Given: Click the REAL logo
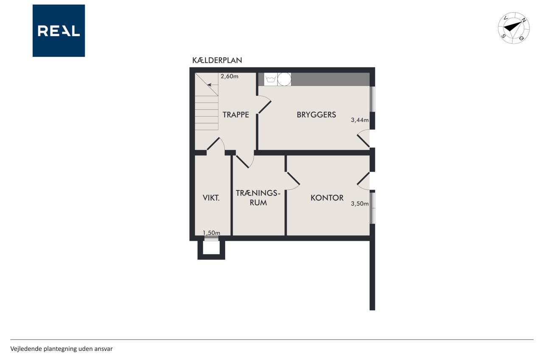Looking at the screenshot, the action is tap(59, 31).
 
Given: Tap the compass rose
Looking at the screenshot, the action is tap(514, 28).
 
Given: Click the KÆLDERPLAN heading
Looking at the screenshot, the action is tap(217, 60).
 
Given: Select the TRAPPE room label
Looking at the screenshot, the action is tap(235, 115).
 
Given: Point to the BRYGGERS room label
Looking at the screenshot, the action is tap(316, 115).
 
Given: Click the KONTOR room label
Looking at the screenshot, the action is tap(327, 198).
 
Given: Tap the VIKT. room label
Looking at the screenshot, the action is tap(211, 198).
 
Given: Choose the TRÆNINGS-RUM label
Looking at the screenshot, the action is tap(258, 198).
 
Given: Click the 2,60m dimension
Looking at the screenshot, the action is tap(230, 76).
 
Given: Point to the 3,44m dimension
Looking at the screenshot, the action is tap(360, 120).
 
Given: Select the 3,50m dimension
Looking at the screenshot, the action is tap(360, 204).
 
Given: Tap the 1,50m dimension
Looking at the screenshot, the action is tap(211, 233).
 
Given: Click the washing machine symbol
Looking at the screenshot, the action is tap(271, 79).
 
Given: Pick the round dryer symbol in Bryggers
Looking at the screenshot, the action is tap(284, 79).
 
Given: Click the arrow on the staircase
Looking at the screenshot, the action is tap(213, 85).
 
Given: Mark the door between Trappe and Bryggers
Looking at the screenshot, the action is tap(264, 105).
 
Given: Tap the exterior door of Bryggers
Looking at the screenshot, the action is tap(363, 138).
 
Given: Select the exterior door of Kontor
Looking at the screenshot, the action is tap(363, 181).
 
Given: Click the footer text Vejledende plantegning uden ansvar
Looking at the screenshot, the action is tap(62, 349).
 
